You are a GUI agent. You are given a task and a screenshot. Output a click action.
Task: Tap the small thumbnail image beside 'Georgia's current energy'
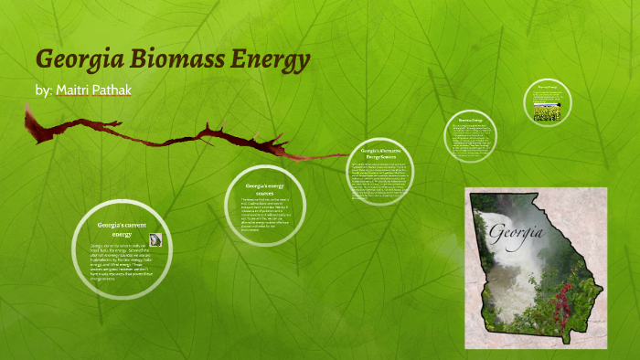[x=155, y=239]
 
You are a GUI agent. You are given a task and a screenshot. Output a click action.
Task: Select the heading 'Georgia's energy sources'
[x=264, y=190]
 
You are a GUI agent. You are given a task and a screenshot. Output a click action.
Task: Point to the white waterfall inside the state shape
[x=507, y=274]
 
